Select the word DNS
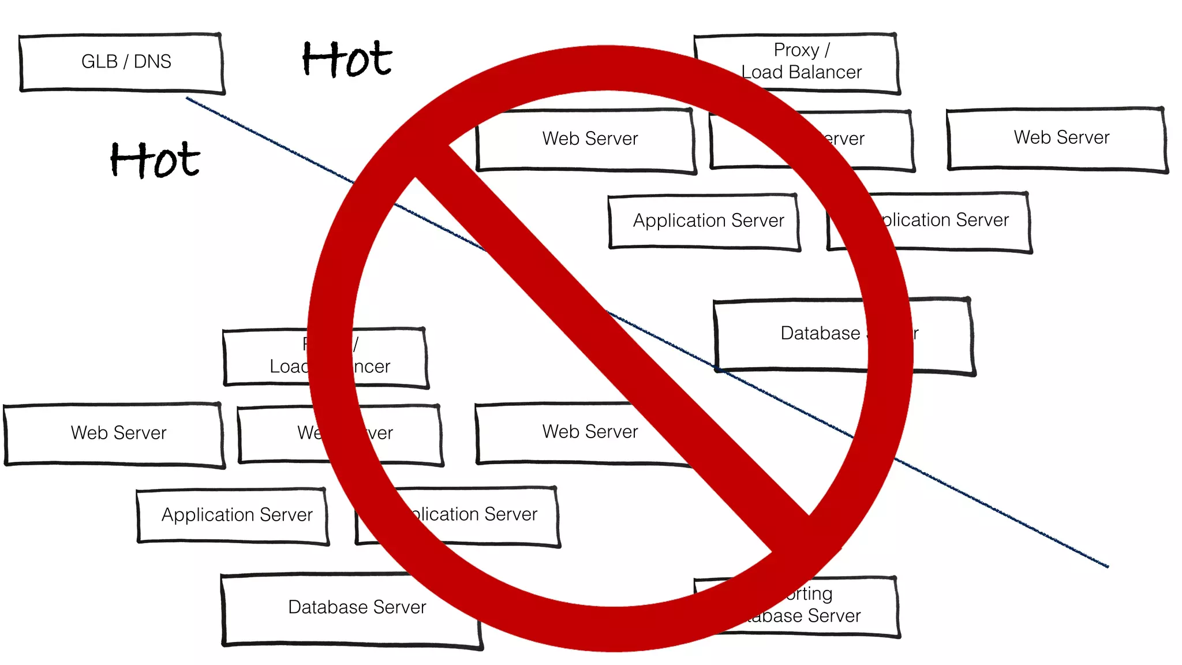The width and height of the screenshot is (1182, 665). [x=152, y=61]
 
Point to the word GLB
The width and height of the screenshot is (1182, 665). [x=99, y=61]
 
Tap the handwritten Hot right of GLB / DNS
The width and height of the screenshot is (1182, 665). [x=347, y=59]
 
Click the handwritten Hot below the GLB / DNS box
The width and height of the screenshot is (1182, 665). [x=155, y=160]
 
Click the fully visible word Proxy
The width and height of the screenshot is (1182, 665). [x=796, y=50]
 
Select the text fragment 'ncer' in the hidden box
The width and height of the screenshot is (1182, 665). [x=372, y=367]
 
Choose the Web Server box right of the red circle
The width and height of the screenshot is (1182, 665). [x=1056, y=139]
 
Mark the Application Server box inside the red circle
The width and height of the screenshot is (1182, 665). [x=704, y=222]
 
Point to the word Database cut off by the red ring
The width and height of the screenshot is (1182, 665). [x=820, y=333]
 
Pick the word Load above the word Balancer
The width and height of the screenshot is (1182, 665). [x=761, y=72]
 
